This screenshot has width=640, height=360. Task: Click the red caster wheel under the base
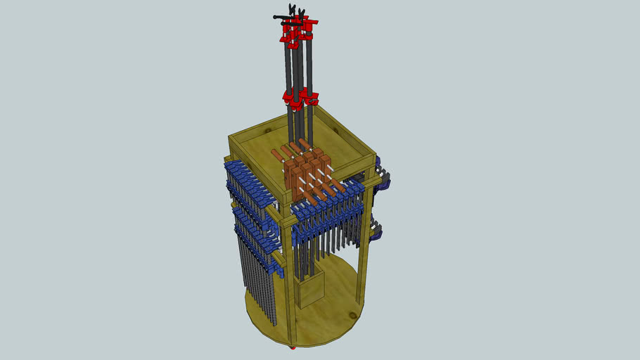click(293, 347)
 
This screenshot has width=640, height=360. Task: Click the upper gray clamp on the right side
click(383, 180)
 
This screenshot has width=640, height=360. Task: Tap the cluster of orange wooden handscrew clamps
click(306, 172)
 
